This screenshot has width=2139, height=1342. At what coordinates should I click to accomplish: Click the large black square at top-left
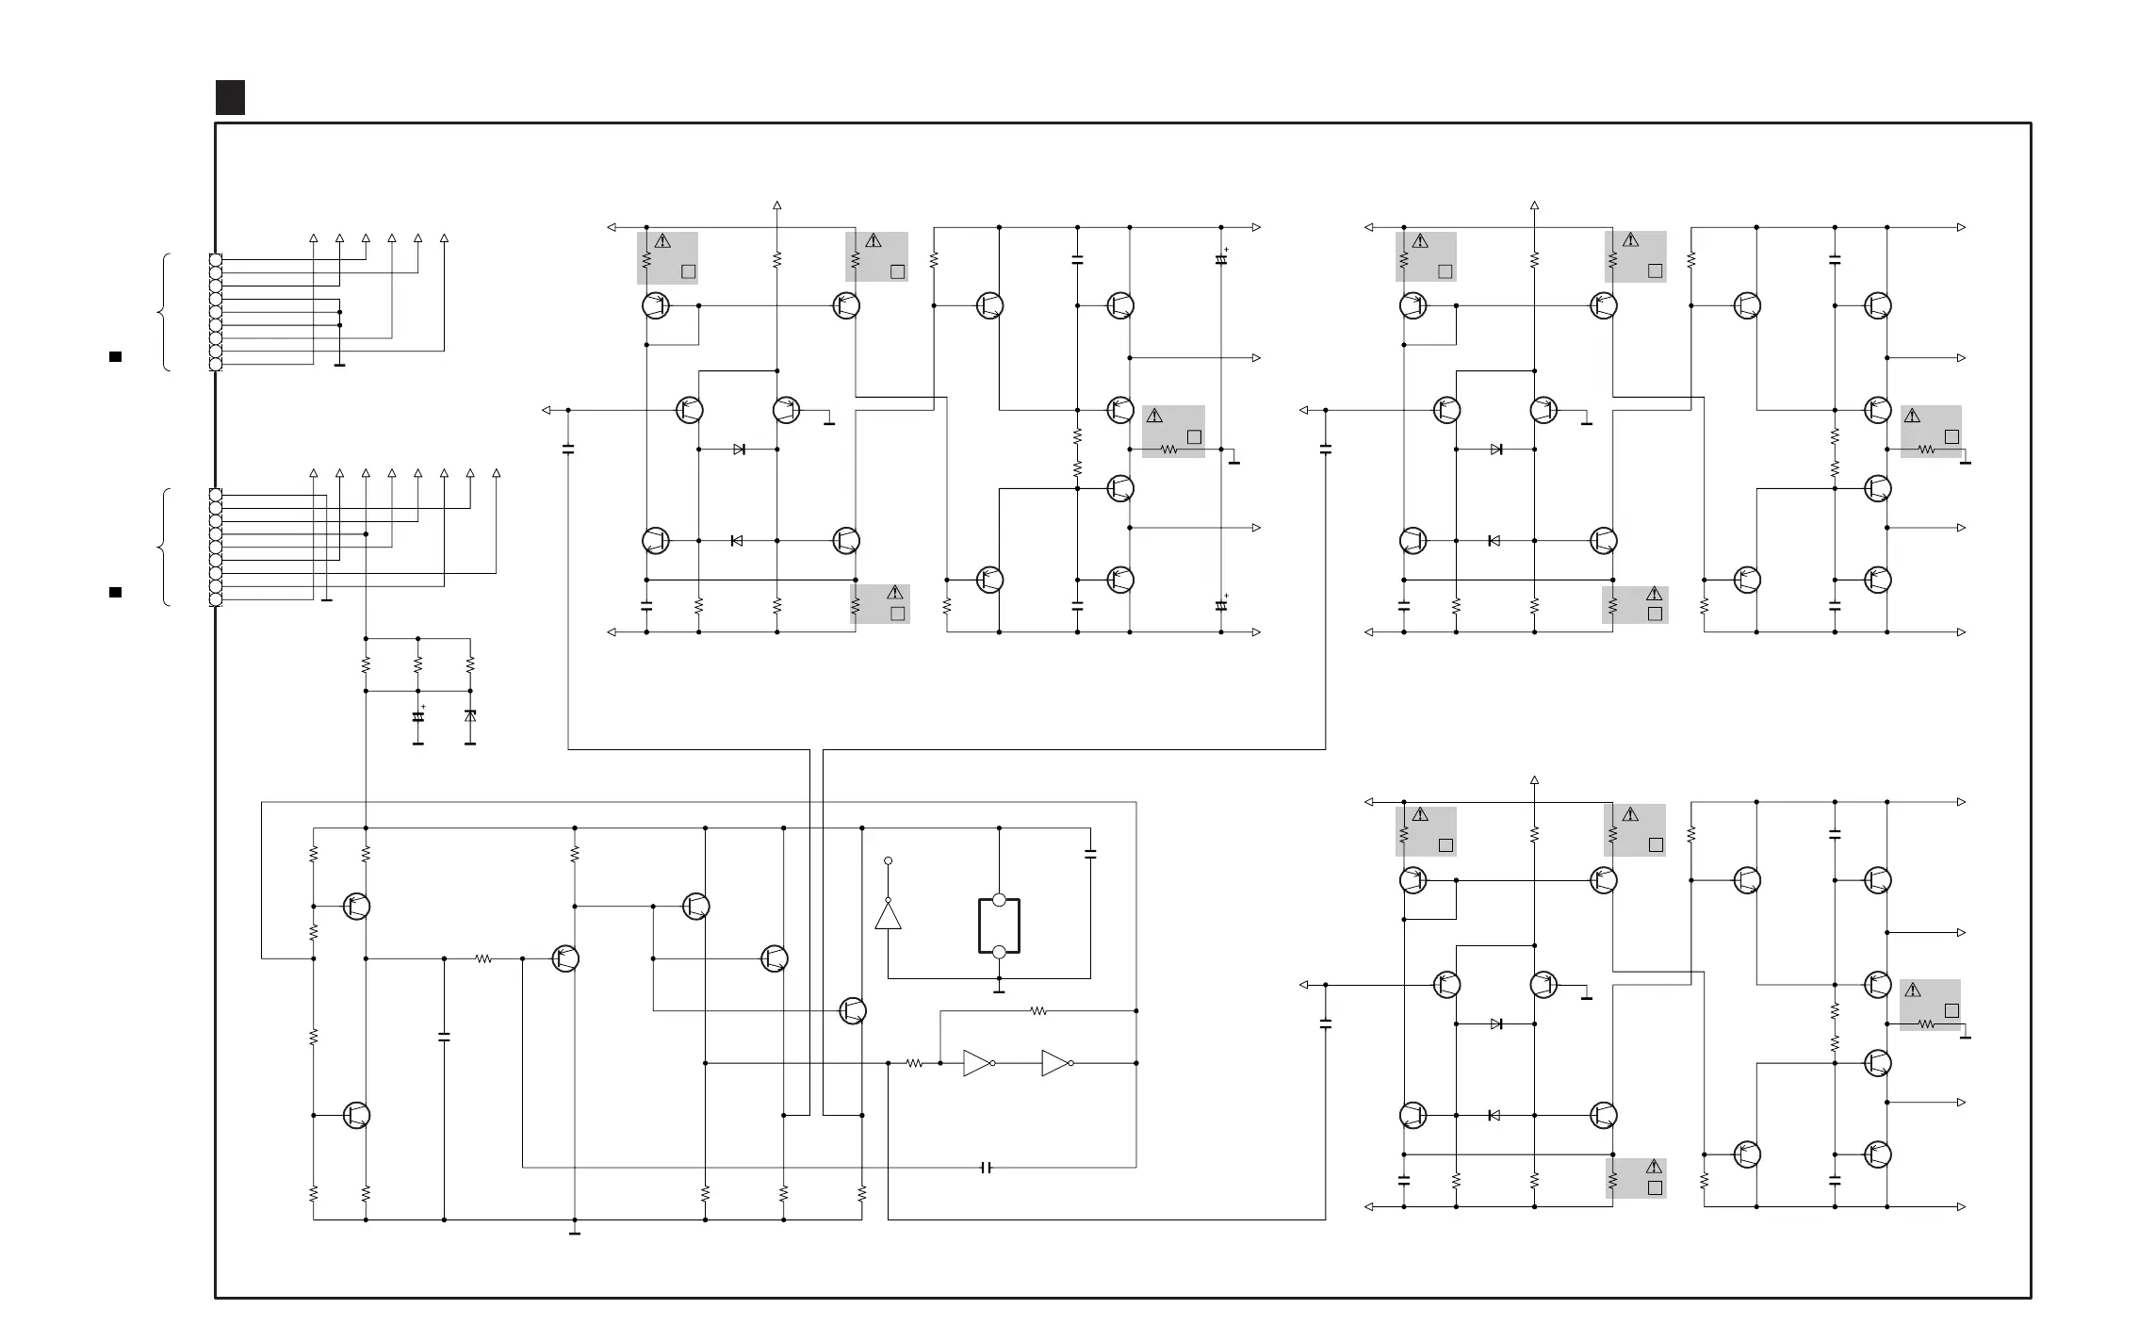point(230,97)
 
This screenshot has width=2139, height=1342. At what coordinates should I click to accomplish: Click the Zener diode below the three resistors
point(470,716)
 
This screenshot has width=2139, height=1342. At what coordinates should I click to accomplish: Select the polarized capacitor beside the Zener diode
point(418,716)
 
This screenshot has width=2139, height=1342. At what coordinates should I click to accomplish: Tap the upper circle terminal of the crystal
point(999,900)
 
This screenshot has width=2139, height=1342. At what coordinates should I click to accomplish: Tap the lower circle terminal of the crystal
point(999,953)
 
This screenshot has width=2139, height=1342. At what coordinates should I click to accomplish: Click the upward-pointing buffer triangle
point(888,915)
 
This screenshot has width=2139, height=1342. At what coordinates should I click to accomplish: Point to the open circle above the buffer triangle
point(888,861)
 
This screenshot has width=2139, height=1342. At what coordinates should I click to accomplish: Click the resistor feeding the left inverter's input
point(914,1063)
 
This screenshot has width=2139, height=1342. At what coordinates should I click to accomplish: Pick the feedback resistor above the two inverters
point(1037,1011)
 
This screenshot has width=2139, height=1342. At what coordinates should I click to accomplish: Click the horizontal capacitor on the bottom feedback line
point(987,1168)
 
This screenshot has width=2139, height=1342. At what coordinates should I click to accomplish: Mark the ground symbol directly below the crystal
point(999,990)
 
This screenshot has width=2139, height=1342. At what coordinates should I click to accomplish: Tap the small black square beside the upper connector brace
point(115,356)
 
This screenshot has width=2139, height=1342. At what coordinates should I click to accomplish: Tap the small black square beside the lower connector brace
point(115,592)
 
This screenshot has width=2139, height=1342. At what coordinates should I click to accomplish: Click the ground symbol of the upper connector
point(339,365)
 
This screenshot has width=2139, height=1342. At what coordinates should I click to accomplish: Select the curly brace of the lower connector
point(166,547)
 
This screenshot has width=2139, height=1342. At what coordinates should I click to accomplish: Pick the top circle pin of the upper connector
point(216,259)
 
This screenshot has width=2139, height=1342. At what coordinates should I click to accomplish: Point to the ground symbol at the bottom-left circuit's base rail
point(575,1232)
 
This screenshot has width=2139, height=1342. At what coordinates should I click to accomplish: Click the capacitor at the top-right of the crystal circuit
point(1090,854)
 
